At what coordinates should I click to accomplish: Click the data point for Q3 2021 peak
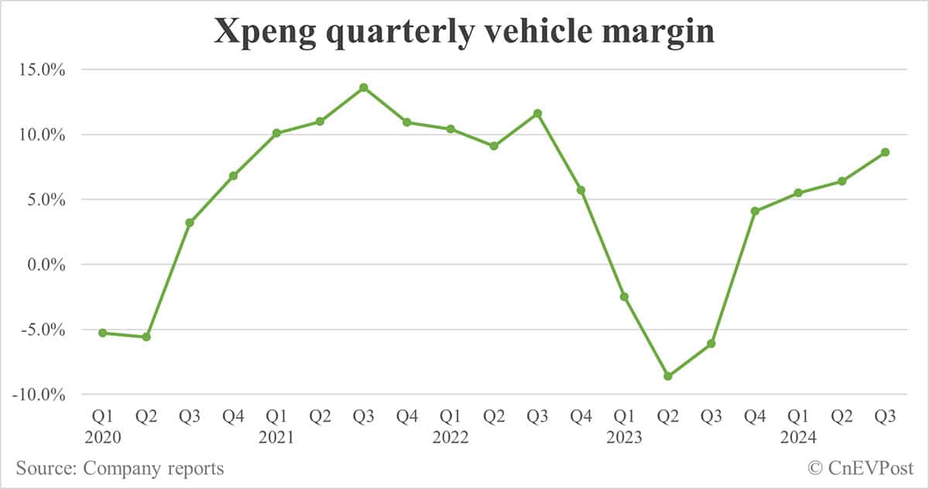[363, 87]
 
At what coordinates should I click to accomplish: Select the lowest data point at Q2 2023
[668, 376]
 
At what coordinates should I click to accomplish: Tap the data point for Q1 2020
[102, 333]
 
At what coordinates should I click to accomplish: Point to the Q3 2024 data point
[885, 152]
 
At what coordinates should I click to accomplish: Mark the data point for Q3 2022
[537, 114]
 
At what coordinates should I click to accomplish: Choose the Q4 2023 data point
[755, 211]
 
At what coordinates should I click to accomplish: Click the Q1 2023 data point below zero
[624, 296]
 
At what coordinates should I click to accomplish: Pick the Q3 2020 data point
[190, 223]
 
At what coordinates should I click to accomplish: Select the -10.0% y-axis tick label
[37, 395]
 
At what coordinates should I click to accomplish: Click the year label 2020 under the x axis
[102, 437]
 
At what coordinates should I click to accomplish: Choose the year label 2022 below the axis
[451, 437]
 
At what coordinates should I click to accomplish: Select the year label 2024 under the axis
[798, 437]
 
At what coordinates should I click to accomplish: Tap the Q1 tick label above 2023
[624, 417]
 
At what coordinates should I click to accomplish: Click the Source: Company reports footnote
[120, 468]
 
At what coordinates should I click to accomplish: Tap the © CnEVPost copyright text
[860, 468]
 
